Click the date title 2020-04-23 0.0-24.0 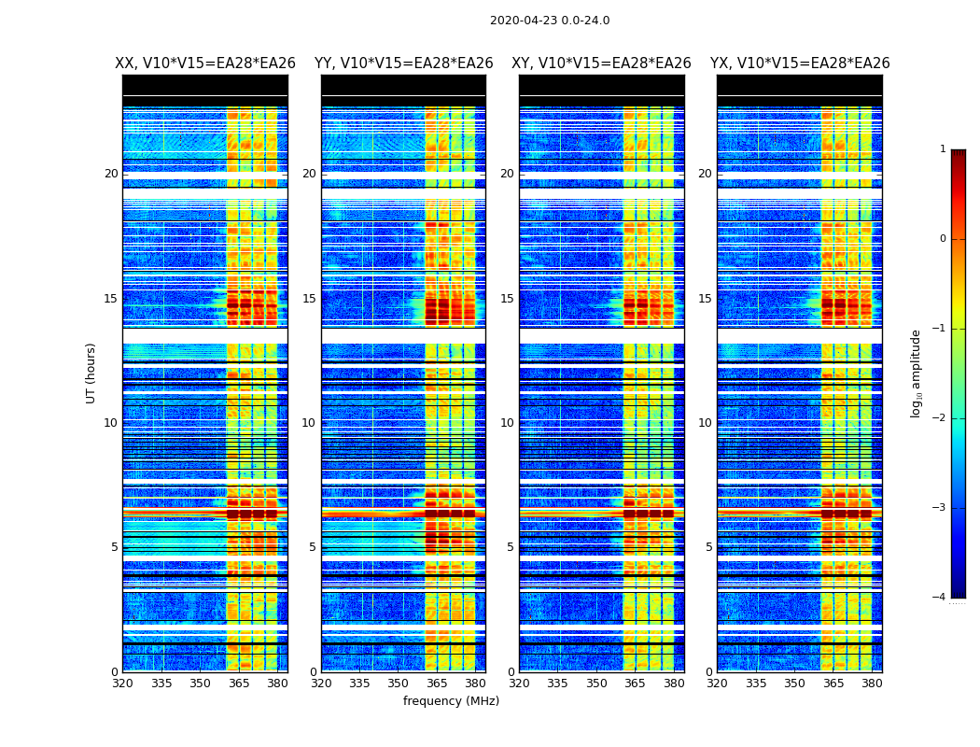(x=550, y=21)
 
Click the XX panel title (x=205, y=63)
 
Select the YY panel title (x=403, y=63)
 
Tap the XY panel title (x=601, y=63)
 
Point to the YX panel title (x=800, y=63)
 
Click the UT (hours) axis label (x=91, y=373)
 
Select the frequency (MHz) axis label (x=451, y=701)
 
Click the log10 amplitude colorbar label (x=916, y=373)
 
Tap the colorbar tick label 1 (x=942, y=149)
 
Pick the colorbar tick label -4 (x=941, y=598)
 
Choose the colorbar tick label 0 (x=942, y=239)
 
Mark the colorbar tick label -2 (x=941, y=418)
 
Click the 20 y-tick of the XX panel (x=111, y=174)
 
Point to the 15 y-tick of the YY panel (x=309, y=299)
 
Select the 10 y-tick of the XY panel (x=507, y=423)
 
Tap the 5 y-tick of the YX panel (x=708, y=547)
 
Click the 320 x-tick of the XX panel (x=122, y=684)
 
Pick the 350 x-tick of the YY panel (x=399, y=684)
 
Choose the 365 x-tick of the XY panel (x=635, y=684)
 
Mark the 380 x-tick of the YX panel (x=872, y=684)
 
